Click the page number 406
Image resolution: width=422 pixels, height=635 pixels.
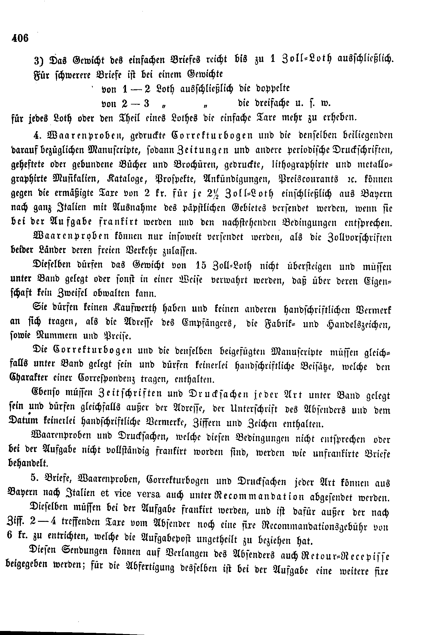20,39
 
